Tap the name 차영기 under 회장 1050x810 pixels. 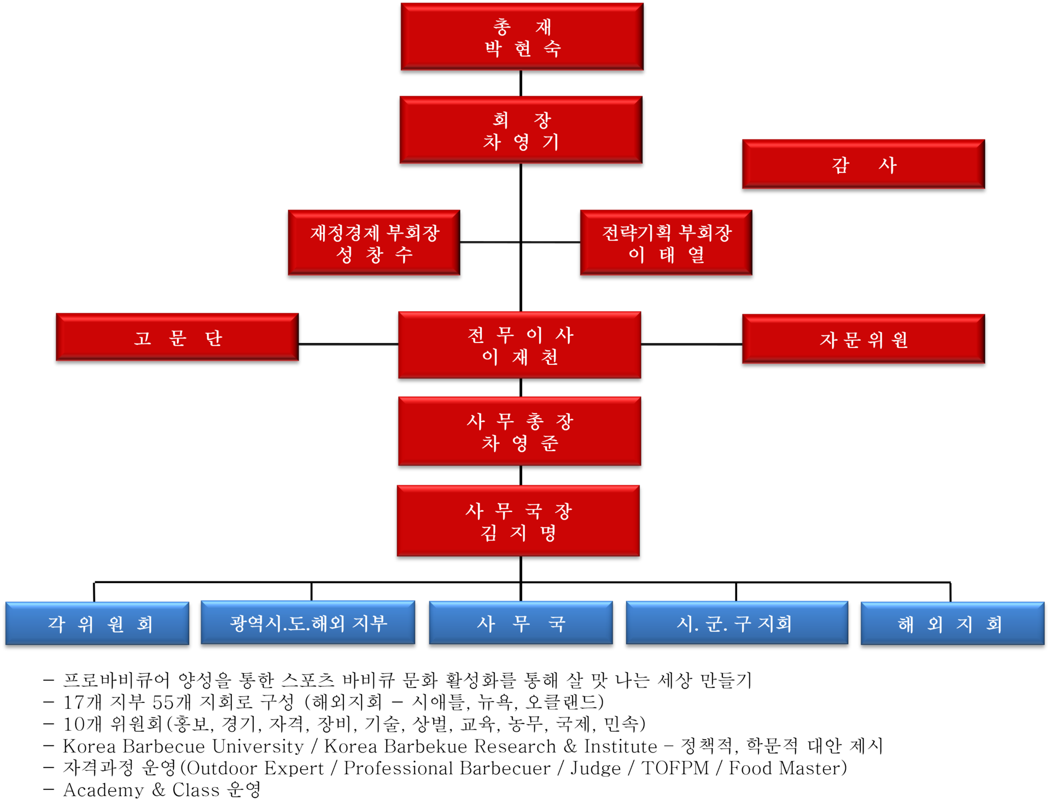[521, 142]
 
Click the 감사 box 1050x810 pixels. [863, 164]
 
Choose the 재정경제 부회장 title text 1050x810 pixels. [375, 233]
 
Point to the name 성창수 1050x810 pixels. [374, 254]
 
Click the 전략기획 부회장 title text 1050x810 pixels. [667, 233]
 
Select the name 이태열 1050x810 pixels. [666, 254]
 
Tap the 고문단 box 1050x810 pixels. [177, 337]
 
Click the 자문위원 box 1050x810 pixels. [863, 339]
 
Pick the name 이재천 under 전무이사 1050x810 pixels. [520, 357]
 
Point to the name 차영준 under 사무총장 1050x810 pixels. [520, 443]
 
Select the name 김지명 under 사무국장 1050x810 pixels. [518, 533]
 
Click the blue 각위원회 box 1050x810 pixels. [97, 623]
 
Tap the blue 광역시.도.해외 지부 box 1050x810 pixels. [308, 623]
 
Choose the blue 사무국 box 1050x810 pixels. [521, 623]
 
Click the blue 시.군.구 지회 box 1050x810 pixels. [736, 623]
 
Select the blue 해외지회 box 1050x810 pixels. [952, 623]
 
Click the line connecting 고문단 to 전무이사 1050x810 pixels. [348, 345]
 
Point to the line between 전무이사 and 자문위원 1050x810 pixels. [691, 345]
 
